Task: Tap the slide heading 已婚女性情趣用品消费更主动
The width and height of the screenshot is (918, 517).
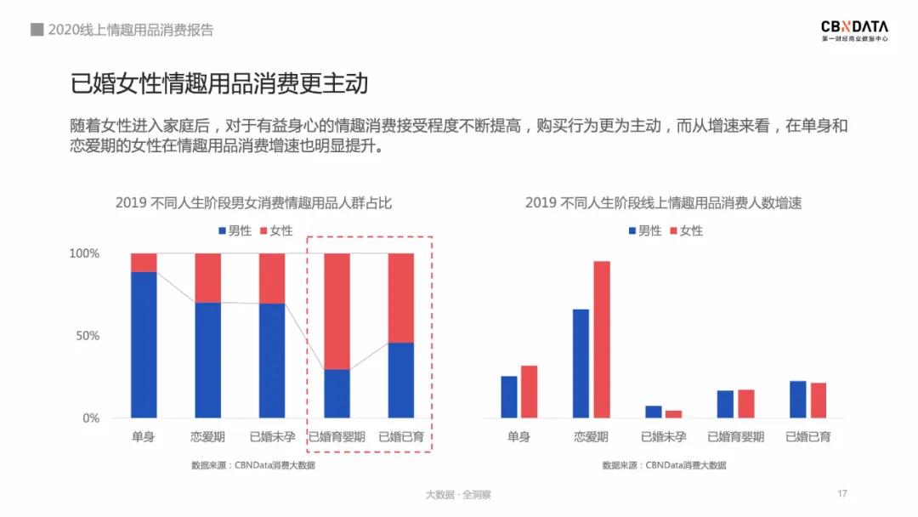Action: click(x=219, y=84)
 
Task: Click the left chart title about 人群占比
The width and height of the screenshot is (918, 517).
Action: click(x=253, y=202)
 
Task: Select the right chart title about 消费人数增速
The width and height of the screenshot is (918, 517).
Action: click(x=664, y=202)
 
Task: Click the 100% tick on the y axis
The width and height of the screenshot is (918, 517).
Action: click(x=85, y=253)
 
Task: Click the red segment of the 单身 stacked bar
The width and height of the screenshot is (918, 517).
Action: click(x=144, y=262)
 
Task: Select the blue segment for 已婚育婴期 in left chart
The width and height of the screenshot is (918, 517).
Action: click(x=337, y=393)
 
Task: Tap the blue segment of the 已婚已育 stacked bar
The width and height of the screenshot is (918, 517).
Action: click(x=401, y=380)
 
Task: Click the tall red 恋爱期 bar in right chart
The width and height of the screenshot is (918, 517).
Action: click(x=602, y=339)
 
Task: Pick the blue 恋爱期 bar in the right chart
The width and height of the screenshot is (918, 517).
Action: click(x=581, y=363)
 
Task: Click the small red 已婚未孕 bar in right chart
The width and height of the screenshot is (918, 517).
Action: click(x=673, y=414)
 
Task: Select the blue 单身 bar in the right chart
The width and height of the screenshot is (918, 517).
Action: click(x=509, y=396)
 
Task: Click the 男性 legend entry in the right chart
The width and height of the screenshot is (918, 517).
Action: click(x=644, y=230)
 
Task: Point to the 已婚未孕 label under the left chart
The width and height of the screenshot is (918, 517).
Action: click(x=273, y=437)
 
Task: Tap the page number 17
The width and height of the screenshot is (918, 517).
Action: click(x=842, y=494)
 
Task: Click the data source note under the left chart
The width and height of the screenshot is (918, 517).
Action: click(x=253, y=465)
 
